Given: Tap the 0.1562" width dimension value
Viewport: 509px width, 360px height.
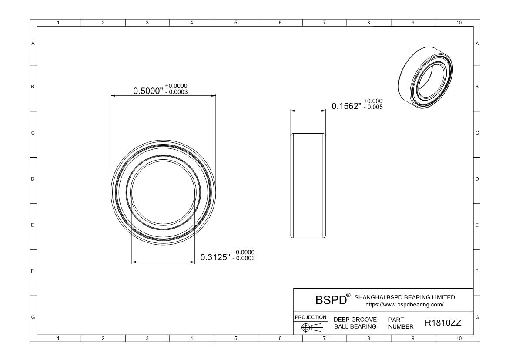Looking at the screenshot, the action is [x=346, y=106].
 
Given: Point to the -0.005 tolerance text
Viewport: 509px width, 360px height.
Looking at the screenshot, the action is [x=373, y=107].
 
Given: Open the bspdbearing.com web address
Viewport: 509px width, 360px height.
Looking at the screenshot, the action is [x=405, y=305].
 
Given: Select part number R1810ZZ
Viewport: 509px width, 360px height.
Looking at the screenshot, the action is [x=443, y=323].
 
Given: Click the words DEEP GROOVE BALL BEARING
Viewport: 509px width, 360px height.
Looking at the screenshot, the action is [x=355, y=323].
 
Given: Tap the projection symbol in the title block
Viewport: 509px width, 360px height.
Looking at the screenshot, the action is [x=311, y=327].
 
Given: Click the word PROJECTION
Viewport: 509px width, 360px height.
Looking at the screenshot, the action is [x=311, y=317].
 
